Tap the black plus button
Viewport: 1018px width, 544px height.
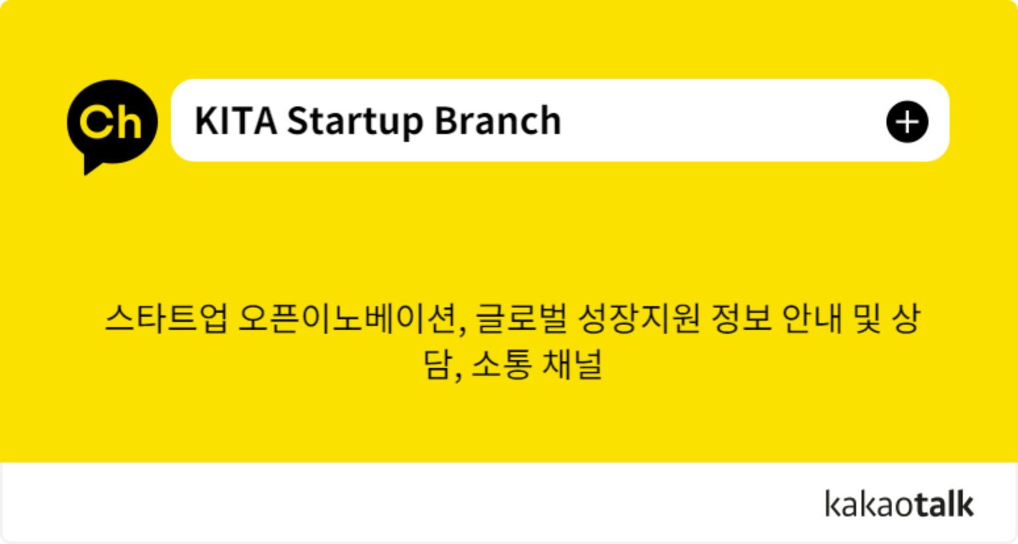pyautogui.click(x=907, y=122)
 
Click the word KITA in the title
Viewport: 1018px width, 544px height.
pyautogui.click(x=236, y=121)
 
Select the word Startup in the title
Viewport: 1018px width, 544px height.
pyautogui.click(x=355, y=122)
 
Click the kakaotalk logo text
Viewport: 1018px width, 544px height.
pyautogui.click(x=899, y=503)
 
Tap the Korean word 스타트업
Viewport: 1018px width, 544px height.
pyautogui.click(x=166, y=318)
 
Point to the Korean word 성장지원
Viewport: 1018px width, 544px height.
pyautogui.click(x=639, y=318)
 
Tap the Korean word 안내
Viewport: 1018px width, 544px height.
pyautogui.click(x=813, y=318)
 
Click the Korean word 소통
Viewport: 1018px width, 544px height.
pyautogui.click(x=501, y=364)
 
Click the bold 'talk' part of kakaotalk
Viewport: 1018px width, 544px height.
pyautogui.click(x=944, y=503)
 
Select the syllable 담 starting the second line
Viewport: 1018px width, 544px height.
pyautogui.click(x=438, y=364)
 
